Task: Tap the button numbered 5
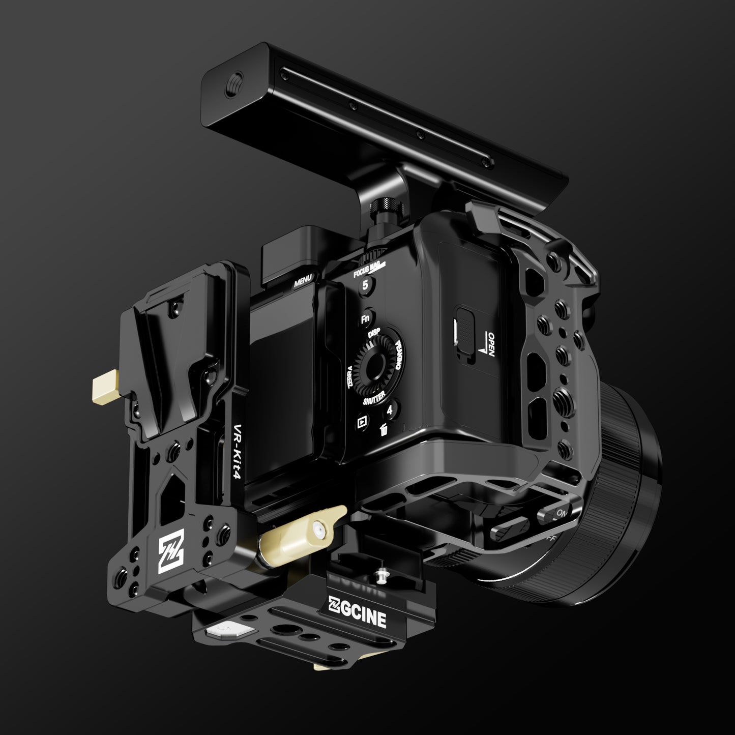365,286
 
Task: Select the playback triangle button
362,422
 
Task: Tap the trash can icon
385,430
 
